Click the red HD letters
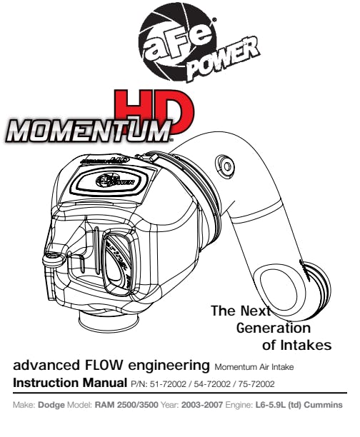coord(154,111)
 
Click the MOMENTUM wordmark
coord(89,131)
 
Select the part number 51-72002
coord(168,384)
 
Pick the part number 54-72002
coord(212,384)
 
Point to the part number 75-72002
coord(256,384)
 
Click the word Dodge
coord(51,405)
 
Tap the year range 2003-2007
coord(202,405)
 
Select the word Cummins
coord(323,405)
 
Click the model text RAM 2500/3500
coord(126,405)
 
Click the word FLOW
coord(103,365)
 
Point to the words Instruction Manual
coord(70,383)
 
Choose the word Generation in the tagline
coord(274,328)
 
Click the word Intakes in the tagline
coord(306,346)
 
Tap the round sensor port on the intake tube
coord(225,166)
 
